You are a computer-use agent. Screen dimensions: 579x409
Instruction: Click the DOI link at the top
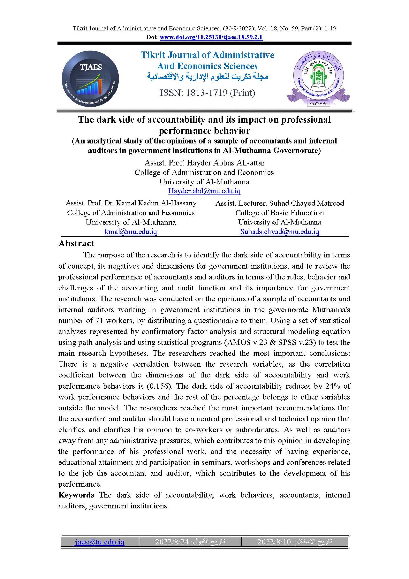coord(211,37)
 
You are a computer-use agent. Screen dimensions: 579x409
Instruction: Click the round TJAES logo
coord(90,79)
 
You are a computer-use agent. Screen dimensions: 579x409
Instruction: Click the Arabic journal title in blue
coord(207,76)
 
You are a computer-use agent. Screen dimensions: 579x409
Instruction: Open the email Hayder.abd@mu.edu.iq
coord(204,191)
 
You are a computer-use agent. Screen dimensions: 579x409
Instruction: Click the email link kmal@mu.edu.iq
coord(131,232)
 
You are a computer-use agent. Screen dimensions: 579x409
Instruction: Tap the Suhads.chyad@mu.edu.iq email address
coord(280,232)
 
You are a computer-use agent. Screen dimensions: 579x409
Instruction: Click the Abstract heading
coord(76,243)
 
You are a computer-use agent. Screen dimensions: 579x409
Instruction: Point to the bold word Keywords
coord(76,495)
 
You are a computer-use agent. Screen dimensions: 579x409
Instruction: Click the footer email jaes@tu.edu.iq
coord(99,542)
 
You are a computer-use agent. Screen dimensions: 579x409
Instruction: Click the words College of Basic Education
coord(280,213)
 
